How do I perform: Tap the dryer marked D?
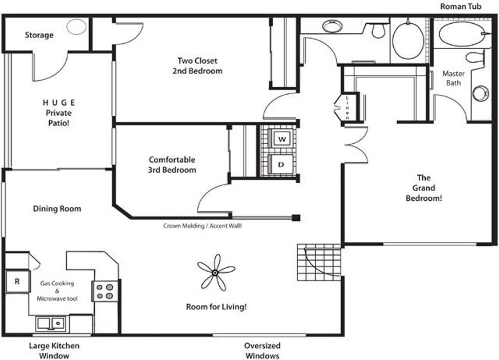pyautogui.click(x=281, y=164)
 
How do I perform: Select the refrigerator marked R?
pyautogui.click(x=18, y=281)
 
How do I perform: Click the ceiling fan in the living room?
pyautogui.click(x=216, y=272)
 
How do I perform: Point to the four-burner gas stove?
pyautogui.click(x=105, y=291)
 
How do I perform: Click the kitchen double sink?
pyautogui.click(x=51, y=323)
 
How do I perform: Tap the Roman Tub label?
pyautogui.click(x=461, y=7)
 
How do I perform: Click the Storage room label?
pyautogui.click(x=39, y=35)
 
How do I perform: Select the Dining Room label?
pyautogui.click(x=57, y=208)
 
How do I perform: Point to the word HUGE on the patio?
pyautogui.click(x=59, y=102)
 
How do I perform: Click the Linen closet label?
pyautogui.click(x=347, y=108)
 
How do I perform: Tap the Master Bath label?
pyautogui.click(x=453, y=78)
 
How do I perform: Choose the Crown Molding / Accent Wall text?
pyautogui.click(x=202, y=226)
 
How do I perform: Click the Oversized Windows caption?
pyautogui.click(x=262, y=350)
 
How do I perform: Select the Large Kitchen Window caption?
pyautogui.click(x=54, y=350)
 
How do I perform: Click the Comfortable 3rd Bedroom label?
pyautogui.click(x=172, y=165)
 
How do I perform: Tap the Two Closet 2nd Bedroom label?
pyautogui.click(x=197, y=66)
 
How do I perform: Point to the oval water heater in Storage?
pyautogui.click(x=76, y=27)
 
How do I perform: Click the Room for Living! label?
pyautogui.click(x=216, y=307)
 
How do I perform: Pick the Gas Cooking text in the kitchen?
pyautogui.click(x=57, y=283)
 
